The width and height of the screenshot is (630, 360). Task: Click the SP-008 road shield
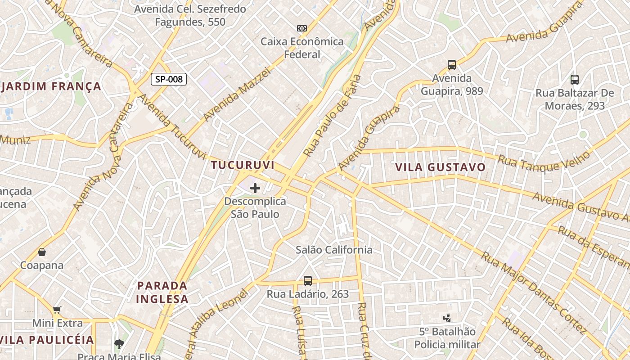[168, 80]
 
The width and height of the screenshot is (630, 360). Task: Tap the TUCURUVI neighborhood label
[243, 165]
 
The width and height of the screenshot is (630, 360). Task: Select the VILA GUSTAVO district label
[441, 167]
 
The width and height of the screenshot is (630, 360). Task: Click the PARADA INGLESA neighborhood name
[162, 292]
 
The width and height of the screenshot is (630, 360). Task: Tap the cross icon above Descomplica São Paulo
[255, 188]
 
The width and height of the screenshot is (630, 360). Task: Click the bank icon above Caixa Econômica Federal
[302, 28]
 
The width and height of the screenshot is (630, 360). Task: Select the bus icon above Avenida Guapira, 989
[452, 65]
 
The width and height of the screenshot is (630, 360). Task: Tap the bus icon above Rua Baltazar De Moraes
[575, 80]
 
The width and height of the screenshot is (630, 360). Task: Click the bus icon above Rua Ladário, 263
[308, 281]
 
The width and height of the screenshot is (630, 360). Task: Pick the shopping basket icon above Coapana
[42, 252]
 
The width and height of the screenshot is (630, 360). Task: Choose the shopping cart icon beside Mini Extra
[57, 310]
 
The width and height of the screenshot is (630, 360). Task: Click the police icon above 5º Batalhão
[447, 318]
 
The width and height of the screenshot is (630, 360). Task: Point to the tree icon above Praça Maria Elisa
[119, 345]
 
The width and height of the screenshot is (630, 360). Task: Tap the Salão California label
[334, 250]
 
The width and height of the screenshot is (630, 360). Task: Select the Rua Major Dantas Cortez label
[534, 292]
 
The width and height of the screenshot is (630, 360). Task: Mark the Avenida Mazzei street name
[237, 94]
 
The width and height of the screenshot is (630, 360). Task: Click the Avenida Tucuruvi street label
[171, 127]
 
